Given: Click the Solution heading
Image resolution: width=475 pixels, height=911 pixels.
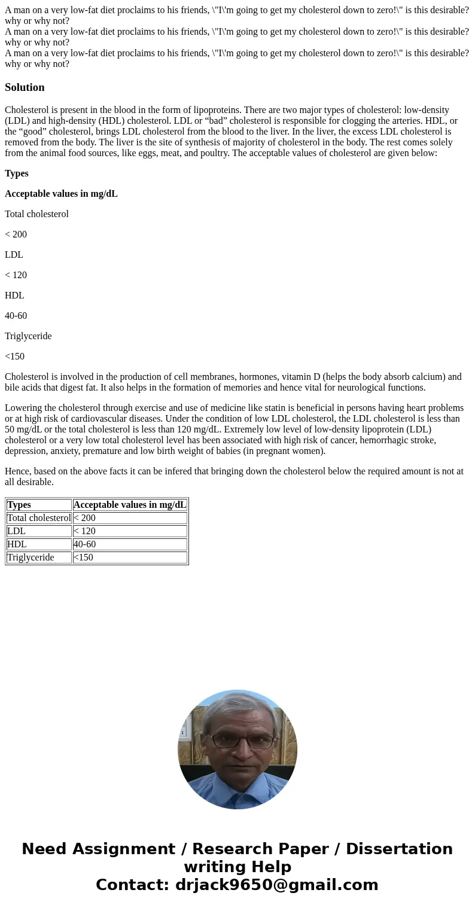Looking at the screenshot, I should pos(25,87).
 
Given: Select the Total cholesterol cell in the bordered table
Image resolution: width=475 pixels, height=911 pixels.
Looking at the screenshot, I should pos(39,518).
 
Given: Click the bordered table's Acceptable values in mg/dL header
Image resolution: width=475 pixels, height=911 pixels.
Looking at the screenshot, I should pos(130,505).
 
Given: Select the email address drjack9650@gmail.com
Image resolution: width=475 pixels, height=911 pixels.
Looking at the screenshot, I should pos(276,885).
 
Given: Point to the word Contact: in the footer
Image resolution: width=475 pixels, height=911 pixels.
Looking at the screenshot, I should pos(133,885).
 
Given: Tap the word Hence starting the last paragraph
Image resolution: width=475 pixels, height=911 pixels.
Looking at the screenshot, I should pos(17,471).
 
